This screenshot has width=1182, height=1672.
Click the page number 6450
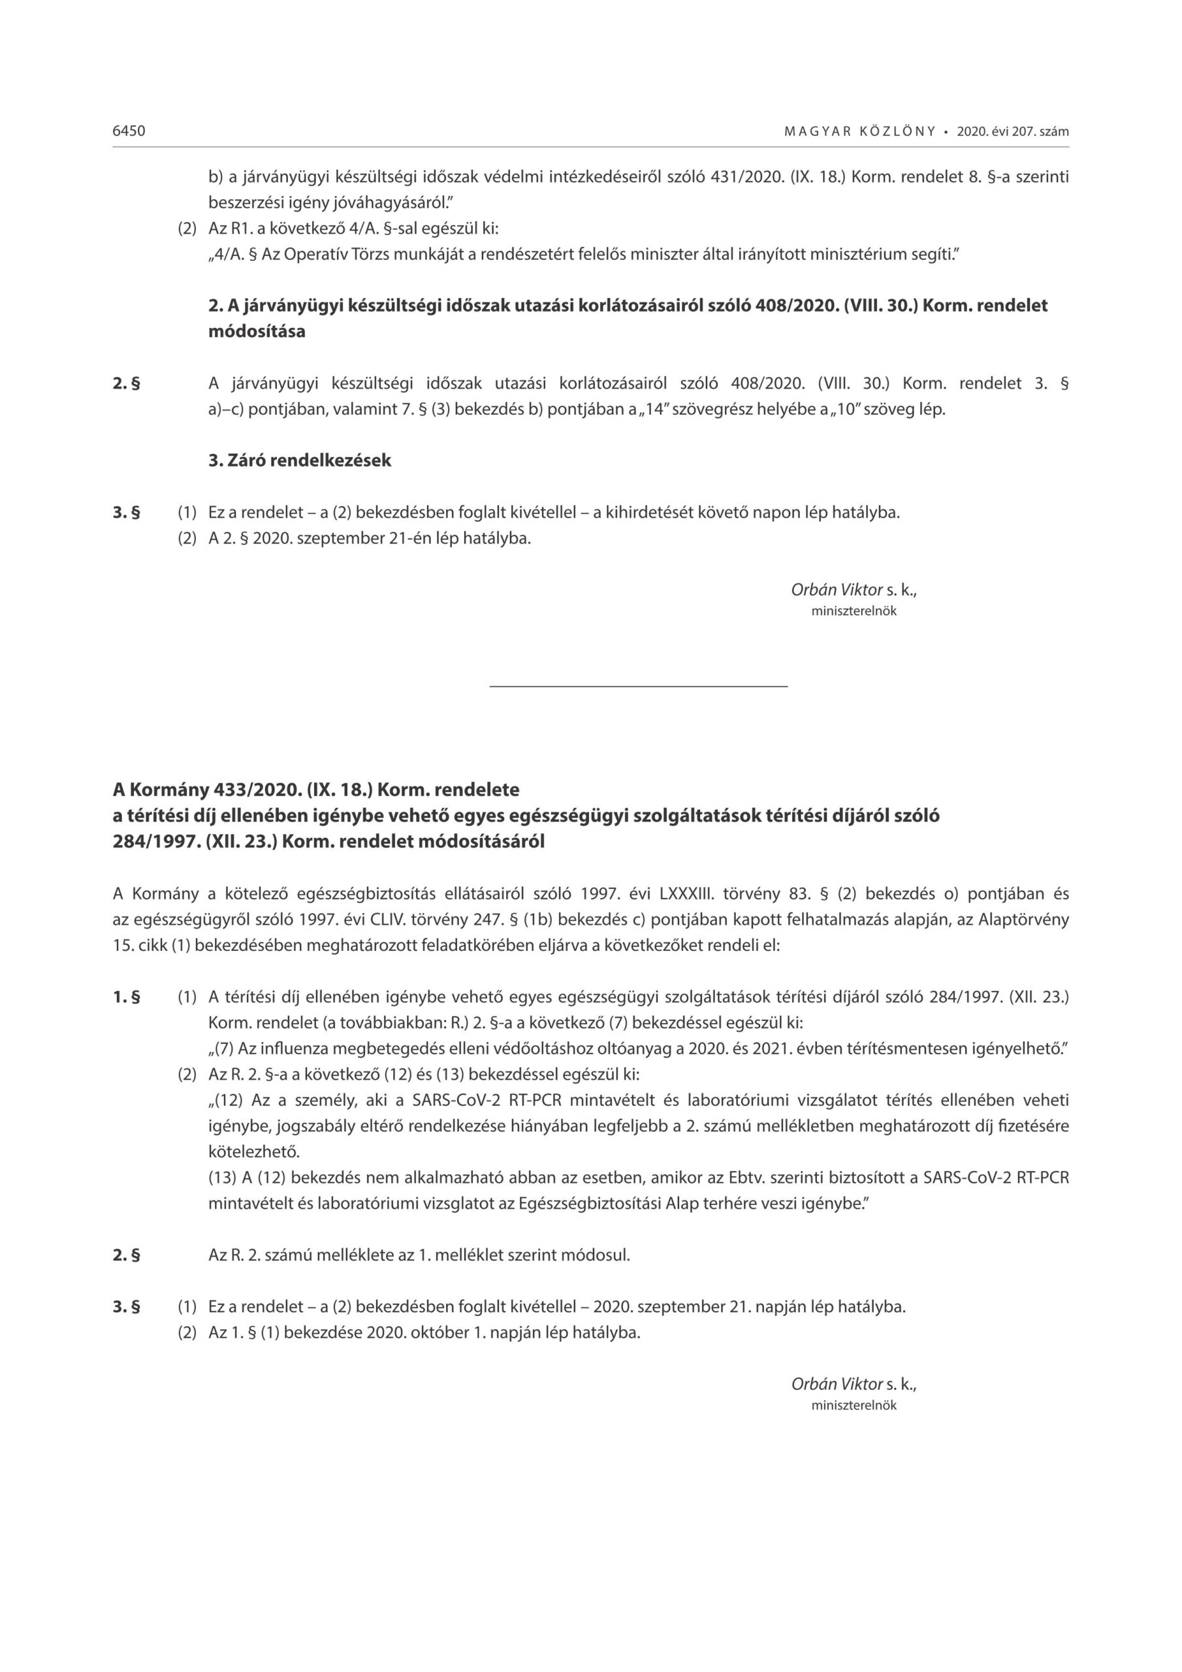129,131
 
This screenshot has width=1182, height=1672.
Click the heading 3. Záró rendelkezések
299,460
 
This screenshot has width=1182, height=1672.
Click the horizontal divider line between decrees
638,686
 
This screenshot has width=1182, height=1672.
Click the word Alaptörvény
1023,920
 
